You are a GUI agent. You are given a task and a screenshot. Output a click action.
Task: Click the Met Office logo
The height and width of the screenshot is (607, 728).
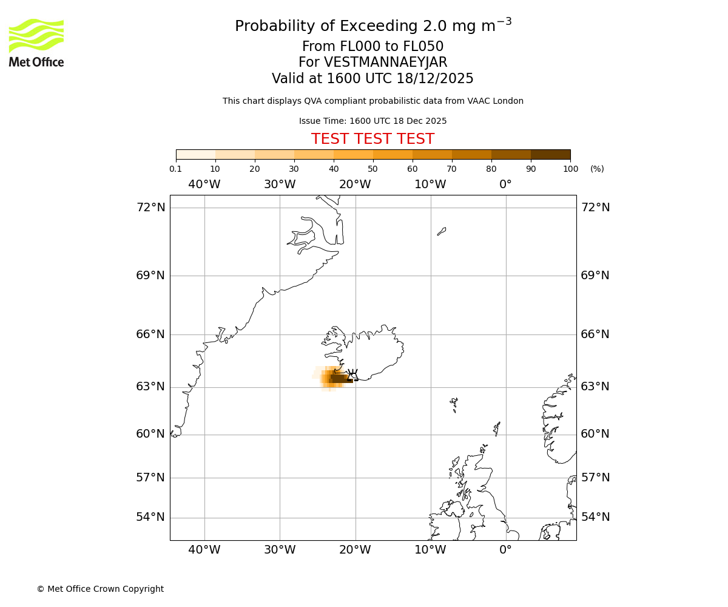point(36,42)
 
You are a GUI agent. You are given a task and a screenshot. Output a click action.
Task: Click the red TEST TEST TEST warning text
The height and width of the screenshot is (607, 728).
point(372,140)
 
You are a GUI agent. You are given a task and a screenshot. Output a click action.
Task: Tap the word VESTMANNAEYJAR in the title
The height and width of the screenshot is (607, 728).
point(386,63)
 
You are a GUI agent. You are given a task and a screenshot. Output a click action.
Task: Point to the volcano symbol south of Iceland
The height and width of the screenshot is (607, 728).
point(352,375)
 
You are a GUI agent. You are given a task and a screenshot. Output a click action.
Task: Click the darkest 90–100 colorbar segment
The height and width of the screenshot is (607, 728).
point(550,155)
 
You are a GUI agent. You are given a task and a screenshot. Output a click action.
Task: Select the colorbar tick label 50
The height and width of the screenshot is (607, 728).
point(372,169)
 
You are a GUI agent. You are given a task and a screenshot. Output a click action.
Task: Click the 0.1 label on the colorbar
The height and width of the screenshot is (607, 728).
point(175,169)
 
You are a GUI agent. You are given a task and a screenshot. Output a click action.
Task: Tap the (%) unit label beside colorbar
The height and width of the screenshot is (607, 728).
point(597,169)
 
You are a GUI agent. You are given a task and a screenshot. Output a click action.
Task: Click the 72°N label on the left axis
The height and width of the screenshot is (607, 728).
point(150,208)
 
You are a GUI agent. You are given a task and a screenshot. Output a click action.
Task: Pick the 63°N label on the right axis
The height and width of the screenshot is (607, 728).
point(595,387)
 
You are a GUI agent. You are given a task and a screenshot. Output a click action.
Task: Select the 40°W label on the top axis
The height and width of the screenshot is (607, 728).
point(204,185)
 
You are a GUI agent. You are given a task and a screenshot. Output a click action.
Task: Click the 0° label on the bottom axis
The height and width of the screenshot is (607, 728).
point(505,551)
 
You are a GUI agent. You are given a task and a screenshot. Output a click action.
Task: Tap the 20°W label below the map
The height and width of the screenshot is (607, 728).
point(355,551)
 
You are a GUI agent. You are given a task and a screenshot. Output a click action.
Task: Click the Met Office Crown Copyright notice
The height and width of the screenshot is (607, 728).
point(100,589)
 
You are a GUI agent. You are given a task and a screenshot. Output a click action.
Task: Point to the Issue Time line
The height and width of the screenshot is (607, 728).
point(372,121)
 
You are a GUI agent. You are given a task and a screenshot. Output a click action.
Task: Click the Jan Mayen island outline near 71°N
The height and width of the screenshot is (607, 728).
point(442,231)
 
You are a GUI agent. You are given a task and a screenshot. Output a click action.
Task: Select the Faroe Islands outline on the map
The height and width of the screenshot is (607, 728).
point(454,404)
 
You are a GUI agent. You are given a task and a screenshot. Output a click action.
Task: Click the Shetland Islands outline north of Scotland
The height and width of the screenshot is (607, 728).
point(497,429)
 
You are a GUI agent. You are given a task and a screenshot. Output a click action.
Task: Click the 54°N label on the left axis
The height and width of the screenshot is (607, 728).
point(150,517)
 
